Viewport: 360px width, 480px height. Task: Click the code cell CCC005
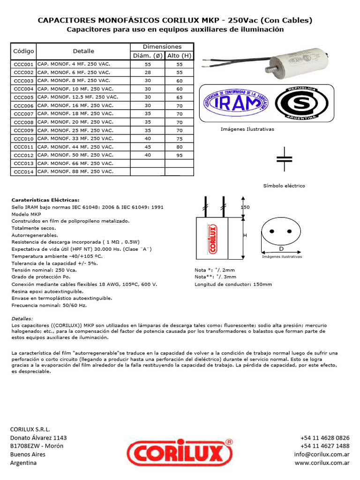pyautogui.click(x=23, y=97)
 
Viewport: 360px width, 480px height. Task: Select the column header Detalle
pyautogui.click(x=83, y=51)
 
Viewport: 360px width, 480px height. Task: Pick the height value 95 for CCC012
pyautogui.click(x=179, y=155)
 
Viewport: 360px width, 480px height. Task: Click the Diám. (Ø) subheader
pyautogui.click(x=148, y=56)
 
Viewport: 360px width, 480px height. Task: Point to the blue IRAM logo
pyautogui.click(x=234, y=103)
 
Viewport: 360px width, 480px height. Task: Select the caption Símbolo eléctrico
pyautogui.click(x=284, y=186)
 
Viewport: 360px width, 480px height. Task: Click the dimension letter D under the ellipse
pyautogui.click(x=281, y=248)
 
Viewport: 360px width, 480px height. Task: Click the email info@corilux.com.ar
pyautogui.click(x=322, y=454)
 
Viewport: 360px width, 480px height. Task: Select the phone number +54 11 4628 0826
pyautogui.click(x=325, y=437)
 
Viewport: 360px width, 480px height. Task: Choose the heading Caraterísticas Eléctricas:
pyautogui.click(x=45, y=199)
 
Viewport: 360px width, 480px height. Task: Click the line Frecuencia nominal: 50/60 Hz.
pyautogui.click(x=49, y=305)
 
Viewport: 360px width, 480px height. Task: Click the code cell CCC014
pyautogui.click(x=23, y=172)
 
